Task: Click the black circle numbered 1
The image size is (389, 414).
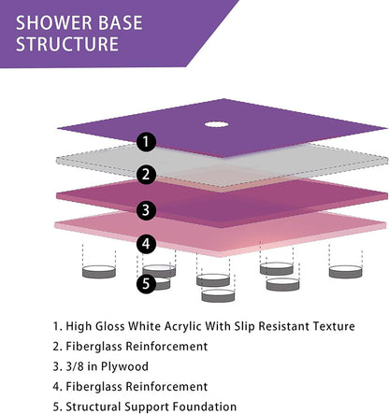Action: point(145,142)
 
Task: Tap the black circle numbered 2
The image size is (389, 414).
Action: point(145,174)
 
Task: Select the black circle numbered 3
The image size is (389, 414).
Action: point(145,209)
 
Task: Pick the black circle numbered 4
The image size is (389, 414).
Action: point(145,244)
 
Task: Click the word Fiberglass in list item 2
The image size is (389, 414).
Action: point(96,347)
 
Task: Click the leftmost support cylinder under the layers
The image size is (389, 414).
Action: point(97,272)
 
